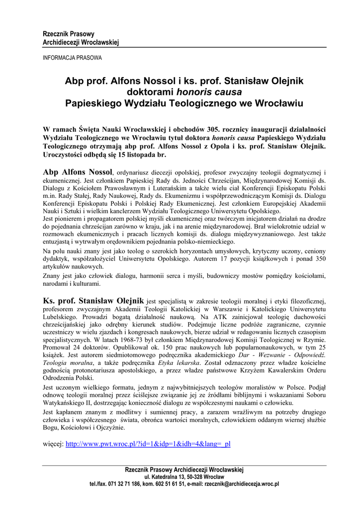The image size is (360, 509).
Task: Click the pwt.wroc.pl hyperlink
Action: pos(148,444)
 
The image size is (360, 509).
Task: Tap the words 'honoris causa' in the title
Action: pos(209,92)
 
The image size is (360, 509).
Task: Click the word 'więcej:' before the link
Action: pos(53,444)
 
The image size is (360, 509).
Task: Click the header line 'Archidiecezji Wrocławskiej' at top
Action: pos(81,42)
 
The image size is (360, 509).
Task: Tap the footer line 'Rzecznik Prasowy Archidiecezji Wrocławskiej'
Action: pos(184,469)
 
